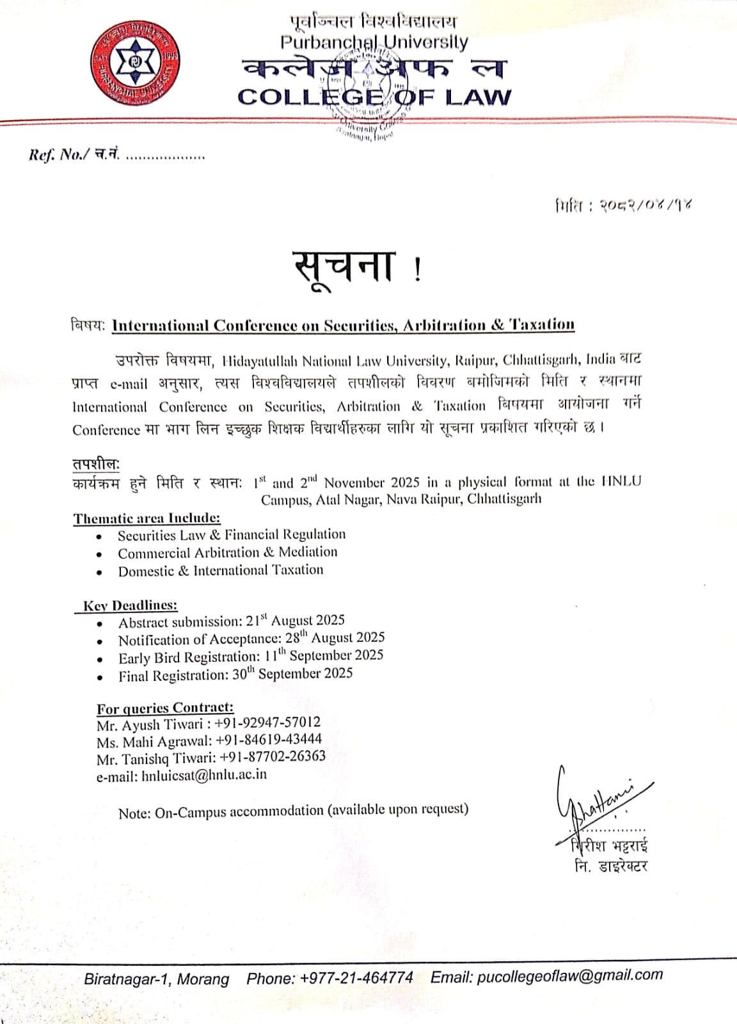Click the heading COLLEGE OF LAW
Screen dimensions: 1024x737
coord(374,97)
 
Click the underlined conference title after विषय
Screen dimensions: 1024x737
coord(343,325)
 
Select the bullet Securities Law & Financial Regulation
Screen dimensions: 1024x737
coord(231,535)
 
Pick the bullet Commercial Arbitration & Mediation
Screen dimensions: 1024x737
coord(227,552)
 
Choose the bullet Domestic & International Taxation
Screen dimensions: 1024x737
coord(220,570)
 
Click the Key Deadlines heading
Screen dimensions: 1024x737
coord(130,605)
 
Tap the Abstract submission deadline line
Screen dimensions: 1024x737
coord(231,621)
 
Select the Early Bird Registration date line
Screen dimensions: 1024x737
coord(250,657)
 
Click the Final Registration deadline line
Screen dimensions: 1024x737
coord(235,675)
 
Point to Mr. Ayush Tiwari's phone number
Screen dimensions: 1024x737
coord(267,723)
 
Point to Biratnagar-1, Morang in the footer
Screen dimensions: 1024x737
coord(157,979)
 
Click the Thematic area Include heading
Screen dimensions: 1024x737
coord(147,518)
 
